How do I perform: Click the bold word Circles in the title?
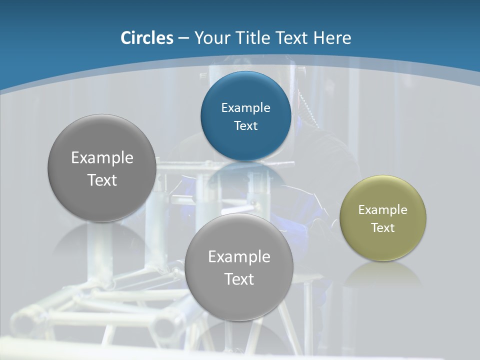[147, 38]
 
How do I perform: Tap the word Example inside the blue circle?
[245, 108]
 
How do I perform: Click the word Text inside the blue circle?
[245, 125]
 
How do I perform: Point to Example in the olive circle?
[383, 210]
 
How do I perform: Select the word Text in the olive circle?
[383, 227]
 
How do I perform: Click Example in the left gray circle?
[102, 158]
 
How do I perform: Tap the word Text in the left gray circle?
[102, 180]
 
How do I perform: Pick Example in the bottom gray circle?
[239, 257]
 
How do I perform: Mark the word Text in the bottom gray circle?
[239, 279]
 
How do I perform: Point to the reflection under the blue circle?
[245, 172]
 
